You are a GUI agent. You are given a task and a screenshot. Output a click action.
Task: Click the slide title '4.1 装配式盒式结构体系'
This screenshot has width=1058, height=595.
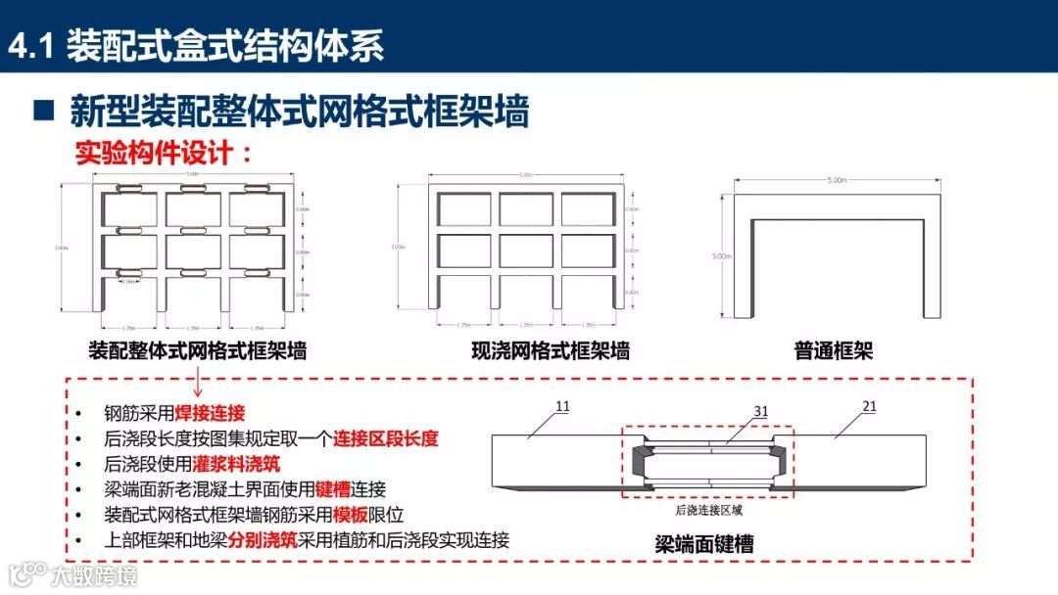tap(196, 46)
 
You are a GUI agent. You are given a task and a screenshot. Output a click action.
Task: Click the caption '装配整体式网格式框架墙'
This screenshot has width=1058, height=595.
tap(197, 350)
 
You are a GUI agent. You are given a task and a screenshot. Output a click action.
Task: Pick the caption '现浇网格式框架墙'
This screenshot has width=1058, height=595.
tap(550, 350)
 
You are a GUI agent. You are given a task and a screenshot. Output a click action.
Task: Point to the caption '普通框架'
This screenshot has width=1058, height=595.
tap(834, 350)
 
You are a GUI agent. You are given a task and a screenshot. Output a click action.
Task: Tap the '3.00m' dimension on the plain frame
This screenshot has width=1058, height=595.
tap(722, 256)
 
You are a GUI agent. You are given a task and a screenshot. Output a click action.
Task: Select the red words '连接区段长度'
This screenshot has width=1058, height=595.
tap(385, 438)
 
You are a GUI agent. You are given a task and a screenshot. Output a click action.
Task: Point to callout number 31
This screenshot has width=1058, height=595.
tap(760, 412)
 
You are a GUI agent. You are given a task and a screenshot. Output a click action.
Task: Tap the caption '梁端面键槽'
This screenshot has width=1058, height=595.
tap(704, 544)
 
